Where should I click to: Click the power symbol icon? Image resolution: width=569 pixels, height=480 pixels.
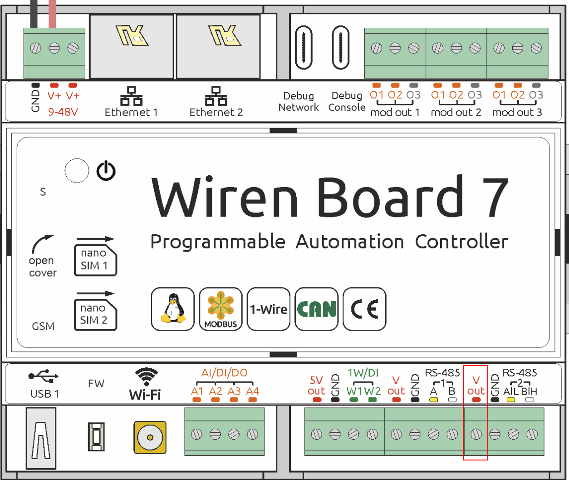point(106,171)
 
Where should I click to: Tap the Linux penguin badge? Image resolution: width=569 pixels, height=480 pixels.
point(173,309)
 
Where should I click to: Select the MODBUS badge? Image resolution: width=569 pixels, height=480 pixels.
point(221,309)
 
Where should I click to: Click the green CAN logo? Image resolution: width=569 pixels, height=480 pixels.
point(316,309)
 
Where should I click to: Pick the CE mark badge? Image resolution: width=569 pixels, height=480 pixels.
point(364,309)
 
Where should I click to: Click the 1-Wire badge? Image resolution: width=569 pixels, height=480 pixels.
point(269,309)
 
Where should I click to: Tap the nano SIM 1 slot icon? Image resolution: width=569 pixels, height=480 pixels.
point(95,260)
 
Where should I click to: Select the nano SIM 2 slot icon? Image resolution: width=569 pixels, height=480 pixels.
point(95,315)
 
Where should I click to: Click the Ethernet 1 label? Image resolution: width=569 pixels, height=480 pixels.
point(131,112)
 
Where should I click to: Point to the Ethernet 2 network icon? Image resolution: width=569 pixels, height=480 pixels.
point(216,96)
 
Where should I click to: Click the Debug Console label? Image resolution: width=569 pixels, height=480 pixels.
point(347,101)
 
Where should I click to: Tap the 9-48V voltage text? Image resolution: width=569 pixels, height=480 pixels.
point(63,112)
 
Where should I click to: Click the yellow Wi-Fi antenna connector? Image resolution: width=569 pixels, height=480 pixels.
point(150,437)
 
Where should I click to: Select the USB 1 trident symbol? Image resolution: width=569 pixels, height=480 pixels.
point(43,376)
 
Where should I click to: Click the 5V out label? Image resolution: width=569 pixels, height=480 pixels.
point(316,386)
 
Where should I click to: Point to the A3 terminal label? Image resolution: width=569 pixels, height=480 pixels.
point(234,391)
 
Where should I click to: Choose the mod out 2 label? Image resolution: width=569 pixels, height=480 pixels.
point(456,112)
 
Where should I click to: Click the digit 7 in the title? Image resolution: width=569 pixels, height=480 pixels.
point(494,197)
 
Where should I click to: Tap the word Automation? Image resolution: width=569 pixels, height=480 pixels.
point(350,242)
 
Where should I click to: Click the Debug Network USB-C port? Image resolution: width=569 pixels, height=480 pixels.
point(304,48)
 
